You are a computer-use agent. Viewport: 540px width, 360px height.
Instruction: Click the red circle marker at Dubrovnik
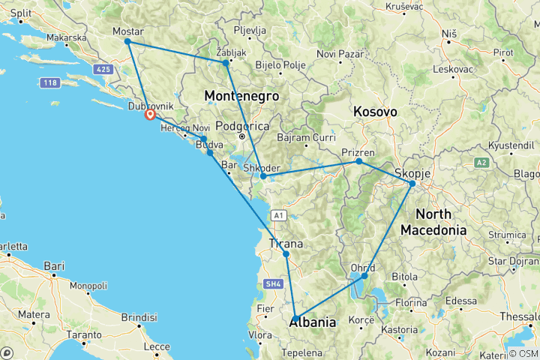[150, 115]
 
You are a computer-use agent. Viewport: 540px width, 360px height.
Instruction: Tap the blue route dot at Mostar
[127, 41]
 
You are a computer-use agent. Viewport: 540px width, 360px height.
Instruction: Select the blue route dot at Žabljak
[225, 63]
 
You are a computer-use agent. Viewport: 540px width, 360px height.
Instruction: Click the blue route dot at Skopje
[412, 183]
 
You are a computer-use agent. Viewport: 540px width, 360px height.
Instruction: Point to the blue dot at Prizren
[358, 161]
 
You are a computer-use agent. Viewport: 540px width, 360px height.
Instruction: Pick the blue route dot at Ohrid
[364, 276]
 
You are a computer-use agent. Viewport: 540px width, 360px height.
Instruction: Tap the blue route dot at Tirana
[286, 253]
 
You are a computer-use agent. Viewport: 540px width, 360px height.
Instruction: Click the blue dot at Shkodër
[263, 177]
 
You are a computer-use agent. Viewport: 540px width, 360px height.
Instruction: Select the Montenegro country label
[241, 96]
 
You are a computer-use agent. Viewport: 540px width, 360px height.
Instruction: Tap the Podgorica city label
[241, 126]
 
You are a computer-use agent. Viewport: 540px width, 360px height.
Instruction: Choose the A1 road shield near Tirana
[278, 215]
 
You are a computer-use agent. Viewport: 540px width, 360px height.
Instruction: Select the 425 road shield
[103, 69]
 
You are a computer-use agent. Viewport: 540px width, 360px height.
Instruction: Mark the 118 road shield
[51, 82]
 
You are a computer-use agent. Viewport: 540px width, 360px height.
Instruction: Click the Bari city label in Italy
[55, 265]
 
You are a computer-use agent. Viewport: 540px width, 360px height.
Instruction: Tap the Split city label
[20, 13]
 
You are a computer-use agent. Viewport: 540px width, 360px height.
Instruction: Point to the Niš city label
[449, 34]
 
